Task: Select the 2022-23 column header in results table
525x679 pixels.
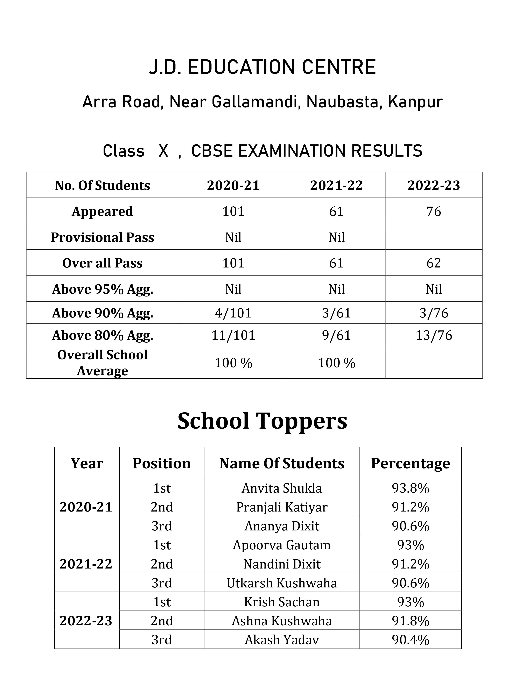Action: click(x=434, y=186)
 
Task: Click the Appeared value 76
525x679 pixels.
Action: click(x=434, y=211)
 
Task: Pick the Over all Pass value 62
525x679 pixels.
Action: click(x=434, y=263)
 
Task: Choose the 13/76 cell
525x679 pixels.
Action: click(x=434, y=335)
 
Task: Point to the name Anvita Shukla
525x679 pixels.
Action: click(x=282, y=488)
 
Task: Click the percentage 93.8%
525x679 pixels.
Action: click(x=410, y=488)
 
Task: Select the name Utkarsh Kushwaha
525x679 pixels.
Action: click(x=282, y=583)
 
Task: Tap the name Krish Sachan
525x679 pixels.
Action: click(x=282, y=602)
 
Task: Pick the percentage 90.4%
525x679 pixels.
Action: click(x=410, y=640)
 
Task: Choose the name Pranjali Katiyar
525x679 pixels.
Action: click(x=282, y=507)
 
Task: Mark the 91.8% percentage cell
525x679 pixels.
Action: click(x=410, y=621)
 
